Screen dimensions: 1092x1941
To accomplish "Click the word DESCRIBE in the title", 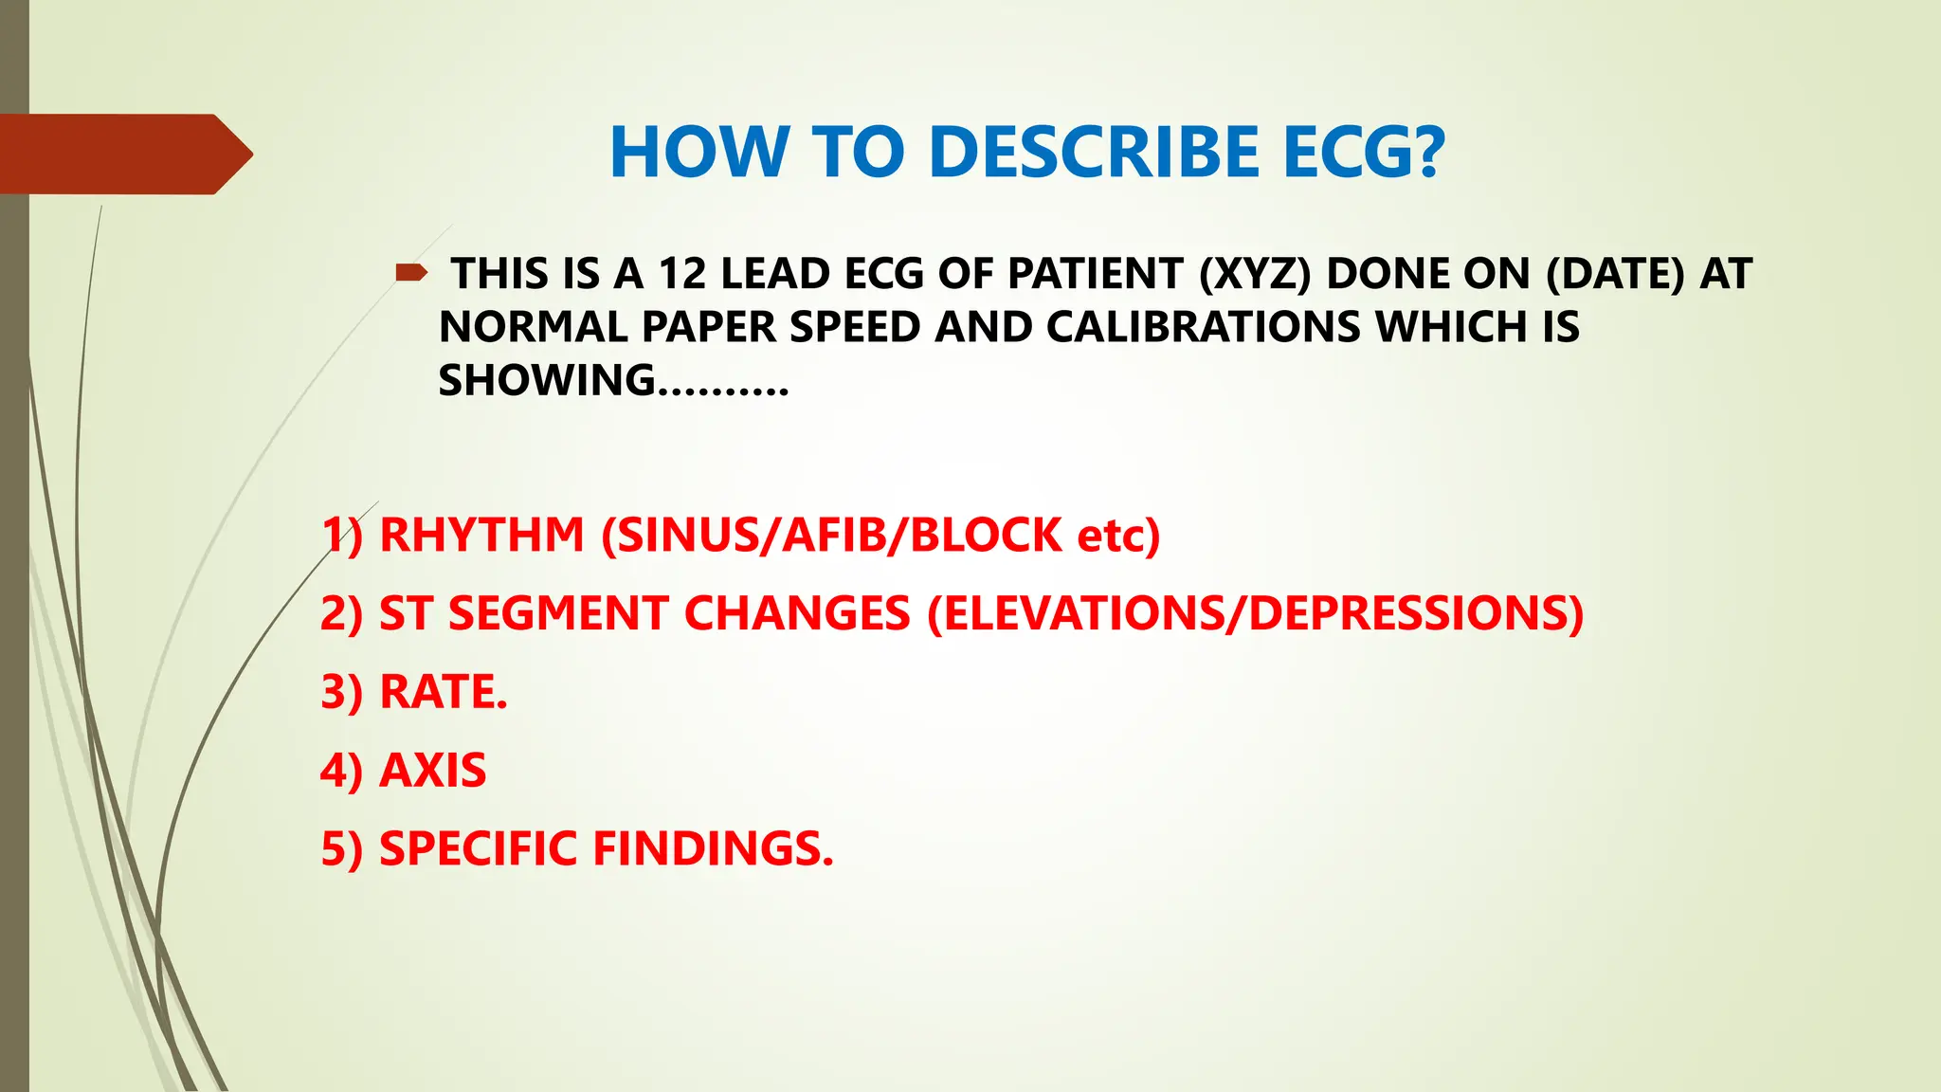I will coord(1094,153).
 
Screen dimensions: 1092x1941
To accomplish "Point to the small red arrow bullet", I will coord(411,274).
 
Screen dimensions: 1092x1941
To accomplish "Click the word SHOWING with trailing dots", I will coord(612,381).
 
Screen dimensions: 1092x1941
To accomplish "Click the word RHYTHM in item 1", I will coord(481,535).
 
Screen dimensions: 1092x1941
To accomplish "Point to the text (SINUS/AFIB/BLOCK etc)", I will coord(880,535).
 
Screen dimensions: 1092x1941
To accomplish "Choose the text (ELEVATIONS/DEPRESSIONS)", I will coord(1255,613).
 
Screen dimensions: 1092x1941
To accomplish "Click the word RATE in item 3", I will coord(443,692).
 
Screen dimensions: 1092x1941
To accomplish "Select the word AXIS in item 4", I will coord(432,770).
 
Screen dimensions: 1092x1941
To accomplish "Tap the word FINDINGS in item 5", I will coord(713,848).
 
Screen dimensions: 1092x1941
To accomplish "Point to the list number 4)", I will coord(341,770).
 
